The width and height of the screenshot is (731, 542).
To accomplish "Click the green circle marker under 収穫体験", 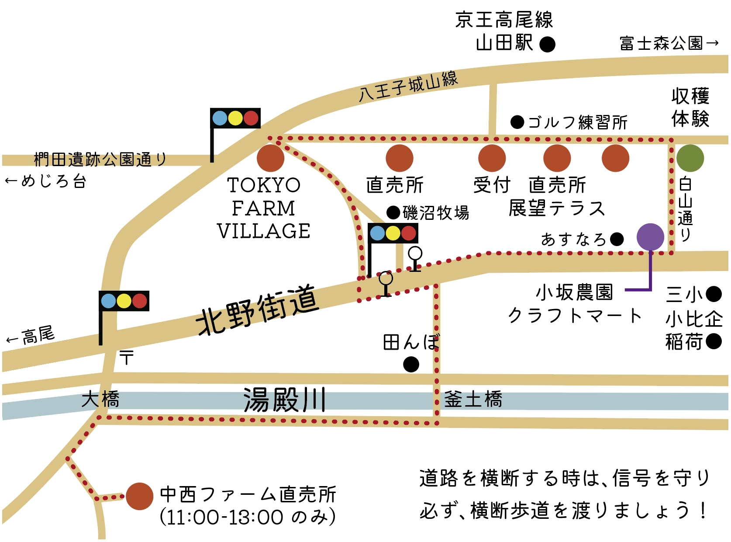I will click(690, 158).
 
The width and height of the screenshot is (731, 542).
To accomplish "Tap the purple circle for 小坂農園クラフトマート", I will click(650, 237).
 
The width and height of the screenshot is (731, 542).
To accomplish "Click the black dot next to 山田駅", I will click(548, 44).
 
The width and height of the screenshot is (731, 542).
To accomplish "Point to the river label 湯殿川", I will click(284, 400).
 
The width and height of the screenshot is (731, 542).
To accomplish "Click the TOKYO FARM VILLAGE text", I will click(264, 208).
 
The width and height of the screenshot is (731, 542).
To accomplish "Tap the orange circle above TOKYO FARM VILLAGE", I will click(270, 158).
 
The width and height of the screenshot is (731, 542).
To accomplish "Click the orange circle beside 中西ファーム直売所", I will click(139, 496).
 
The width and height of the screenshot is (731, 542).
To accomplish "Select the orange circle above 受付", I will click(492, 158).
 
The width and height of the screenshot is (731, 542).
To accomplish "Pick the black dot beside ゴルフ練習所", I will click(517, 122).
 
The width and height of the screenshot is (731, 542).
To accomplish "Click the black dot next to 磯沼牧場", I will click(393, 212).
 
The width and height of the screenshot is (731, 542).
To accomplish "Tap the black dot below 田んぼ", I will click(411, 364).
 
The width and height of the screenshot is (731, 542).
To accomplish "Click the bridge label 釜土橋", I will click(473, 400).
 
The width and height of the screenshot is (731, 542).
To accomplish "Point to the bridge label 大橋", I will click(100, 400).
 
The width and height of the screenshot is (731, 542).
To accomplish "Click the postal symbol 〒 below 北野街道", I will click(127, 358).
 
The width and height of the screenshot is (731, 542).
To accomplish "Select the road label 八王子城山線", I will click(408, 86).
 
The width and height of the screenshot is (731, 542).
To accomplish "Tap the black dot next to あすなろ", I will click(617, 239).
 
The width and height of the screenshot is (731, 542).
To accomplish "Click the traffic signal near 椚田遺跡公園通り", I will click(235, 118).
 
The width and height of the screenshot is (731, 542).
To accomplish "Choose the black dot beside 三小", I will click(714, 294).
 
